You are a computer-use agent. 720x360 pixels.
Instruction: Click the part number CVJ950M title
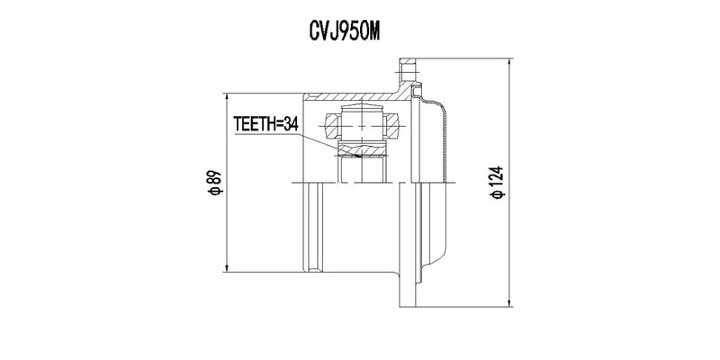pyautogui.click(x=345, y=31)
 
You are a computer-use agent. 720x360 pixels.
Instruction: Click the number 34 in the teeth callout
pyautogui.click(x=290, y=123)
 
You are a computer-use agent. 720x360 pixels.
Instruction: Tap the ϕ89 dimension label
pyautogui.click(x=214, y=184)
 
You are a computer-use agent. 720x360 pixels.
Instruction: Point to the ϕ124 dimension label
pyautogui.click(x=498, y=183)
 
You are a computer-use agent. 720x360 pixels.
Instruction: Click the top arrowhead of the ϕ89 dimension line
pyautogui.click(x=227, y=97)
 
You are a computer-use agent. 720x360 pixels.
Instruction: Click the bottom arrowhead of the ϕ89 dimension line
pyautogui.click(x=227, y=267)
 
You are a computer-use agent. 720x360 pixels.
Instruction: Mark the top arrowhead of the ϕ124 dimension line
pyautogui.click(x=509, y=63)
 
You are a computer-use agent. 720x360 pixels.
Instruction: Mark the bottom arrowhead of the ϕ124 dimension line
pyautogui.click(x=509, y=302)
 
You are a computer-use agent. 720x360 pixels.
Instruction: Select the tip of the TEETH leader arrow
pyautogui.click(x=361, y=157)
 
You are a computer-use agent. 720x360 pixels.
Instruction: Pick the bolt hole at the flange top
pyautogui.click(x=408, y=72)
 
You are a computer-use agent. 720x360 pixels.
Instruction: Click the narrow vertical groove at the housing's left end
pyautogui.click(x=313, y=228)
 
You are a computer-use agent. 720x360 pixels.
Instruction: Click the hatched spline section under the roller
pyautogui.click(x=362, y=149)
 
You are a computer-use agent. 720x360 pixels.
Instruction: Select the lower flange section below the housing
pyautogui.click(x=408, y=289)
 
